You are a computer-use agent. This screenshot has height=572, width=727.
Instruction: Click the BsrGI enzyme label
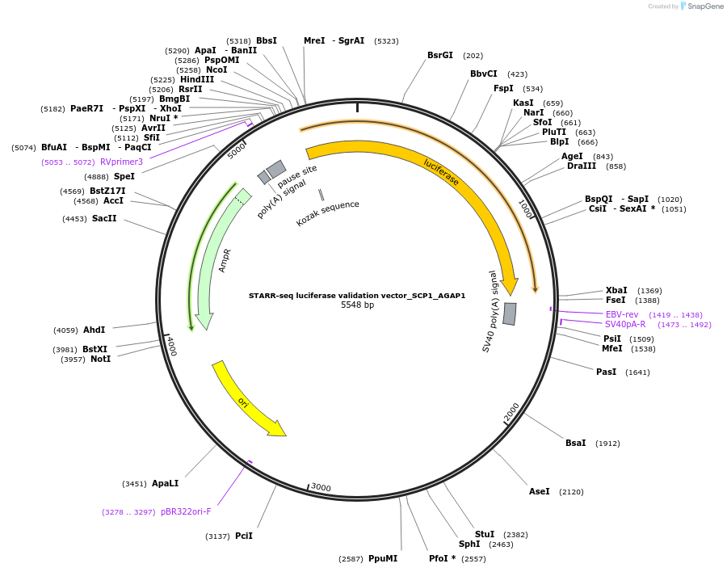coord(440,56)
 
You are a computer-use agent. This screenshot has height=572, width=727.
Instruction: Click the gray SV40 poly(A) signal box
coord(510,313)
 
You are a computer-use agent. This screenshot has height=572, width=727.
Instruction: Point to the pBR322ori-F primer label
coord(186,511)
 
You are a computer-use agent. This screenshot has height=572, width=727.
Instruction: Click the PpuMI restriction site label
coord(383,558)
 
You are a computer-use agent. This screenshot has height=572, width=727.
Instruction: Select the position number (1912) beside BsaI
coord(607,444)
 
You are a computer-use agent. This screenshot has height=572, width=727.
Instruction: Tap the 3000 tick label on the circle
coord(321,487)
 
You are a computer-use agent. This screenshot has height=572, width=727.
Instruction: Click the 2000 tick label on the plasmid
coord(512,412)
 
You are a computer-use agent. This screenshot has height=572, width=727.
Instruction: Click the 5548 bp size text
coord(357,305)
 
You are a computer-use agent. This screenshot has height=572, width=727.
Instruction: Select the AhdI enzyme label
coord(95,330)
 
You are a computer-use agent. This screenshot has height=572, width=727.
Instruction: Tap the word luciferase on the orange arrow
coord(441,172)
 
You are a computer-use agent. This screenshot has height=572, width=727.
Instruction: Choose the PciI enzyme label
coord(244,536)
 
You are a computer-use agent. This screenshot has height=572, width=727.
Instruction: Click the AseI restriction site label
coord(540,491)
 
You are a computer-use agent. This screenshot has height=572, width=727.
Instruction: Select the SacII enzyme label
coord(104,218)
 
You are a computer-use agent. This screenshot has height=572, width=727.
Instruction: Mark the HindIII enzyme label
coord(197,79)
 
